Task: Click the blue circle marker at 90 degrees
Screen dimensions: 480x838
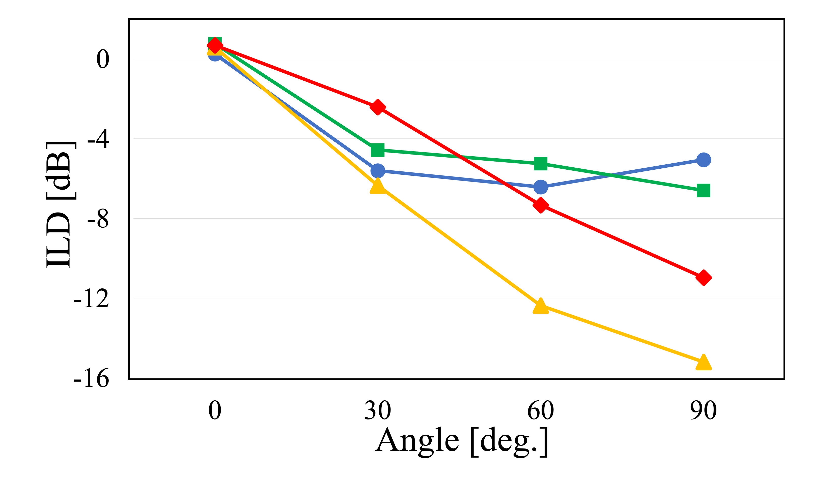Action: (704, 160)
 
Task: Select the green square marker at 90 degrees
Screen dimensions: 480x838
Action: (704, 191)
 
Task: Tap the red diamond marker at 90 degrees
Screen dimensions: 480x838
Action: (704, 278)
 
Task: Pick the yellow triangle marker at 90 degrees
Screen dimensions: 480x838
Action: (704, 363)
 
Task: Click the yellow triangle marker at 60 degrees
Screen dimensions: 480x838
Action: (541, 307)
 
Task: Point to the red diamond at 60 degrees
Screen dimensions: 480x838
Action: (541, 205)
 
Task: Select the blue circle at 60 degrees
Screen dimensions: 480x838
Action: (541, 187)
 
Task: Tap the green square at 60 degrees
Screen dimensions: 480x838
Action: (541, 164)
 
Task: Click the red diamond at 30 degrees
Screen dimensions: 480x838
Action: (378, 107)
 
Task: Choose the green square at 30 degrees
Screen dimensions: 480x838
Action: (378, 150)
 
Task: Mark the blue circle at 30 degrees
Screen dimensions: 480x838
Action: (378, 171)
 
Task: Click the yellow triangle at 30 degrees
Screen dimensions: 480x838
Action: (378, 187)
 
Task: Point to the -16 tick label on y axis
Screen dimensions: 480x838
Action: (91, 378)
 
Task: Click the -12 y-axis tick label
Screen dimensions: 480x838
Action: (91, 299)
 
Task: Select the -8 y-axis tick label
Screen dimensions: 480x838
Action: (98, 219)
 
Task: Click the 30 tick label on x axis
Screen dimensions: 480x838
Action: (378, 410)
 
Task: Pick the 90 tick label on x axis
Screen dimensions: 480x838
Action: (704, 410)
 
